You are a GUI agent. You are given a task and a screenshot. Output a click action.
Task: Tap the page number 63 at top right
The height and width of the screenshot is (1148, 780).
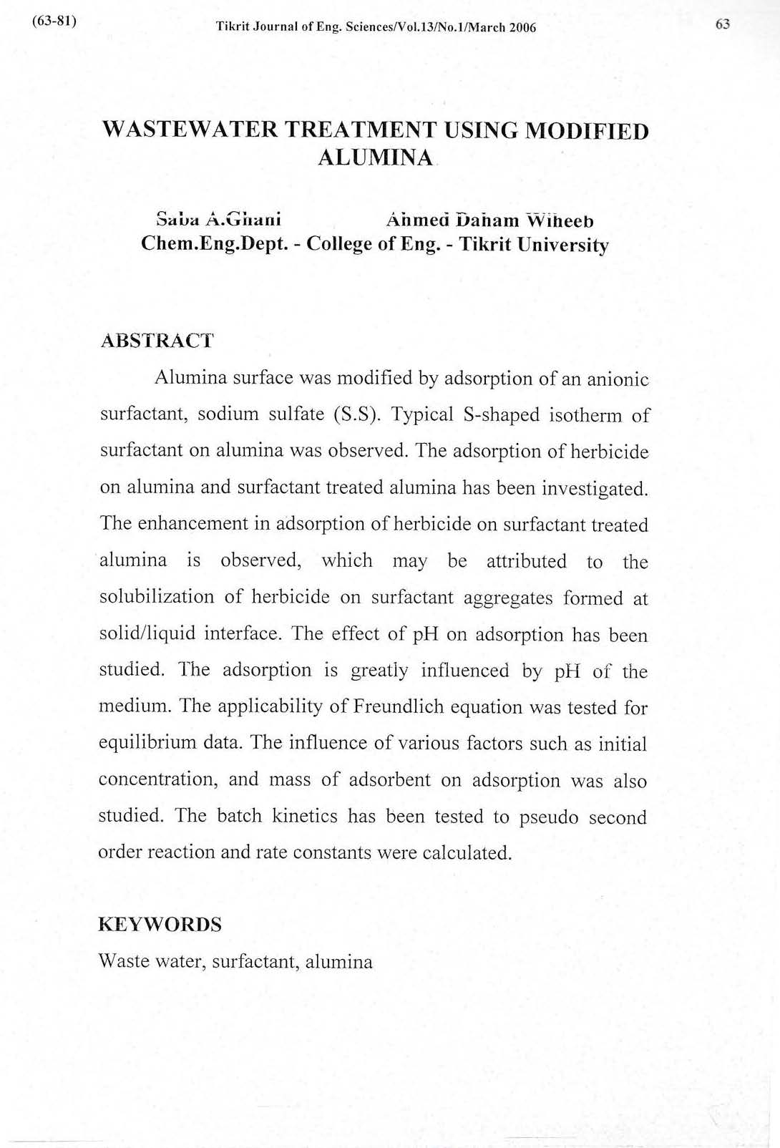(723, 25)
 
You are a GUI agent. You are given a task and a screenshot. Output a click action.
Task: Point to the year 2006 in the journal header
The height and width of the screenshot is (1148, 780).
(522, 28)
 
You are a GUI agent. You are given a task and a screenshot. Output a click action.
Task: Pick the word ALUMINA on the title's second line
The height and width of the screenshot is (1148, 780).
(376, 157)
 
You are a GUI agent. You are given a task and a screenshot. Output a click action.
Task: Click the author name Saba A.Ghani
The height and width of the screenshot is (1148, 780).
(218, 218)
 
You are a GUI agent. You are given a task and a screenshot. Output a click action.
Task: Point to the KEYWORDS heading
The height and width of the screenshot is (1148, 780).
(160, 924)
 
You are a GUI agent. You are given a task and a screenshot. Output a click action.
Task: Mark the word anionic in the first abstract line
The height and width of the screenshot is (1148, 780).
(618, 379)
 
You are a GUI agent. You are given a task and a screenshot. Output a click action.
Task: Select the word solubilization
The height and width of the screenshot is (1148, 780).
(157, 597)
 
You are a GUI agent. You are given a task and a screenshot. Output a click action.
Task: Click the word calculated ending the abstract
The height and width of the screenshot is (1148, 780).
(467, 853)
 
